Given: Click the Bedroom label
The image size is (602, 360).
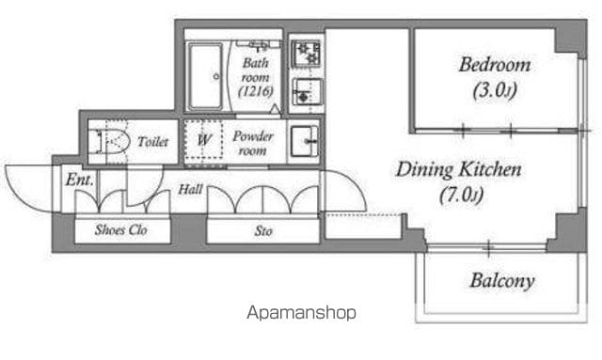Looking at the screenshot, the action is click(x=495, y=65).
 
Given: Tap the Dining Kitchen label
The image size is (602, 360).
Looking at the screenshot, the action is click(x=459, y=169).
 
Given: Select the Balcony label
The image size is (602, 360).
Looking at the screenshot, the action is click(x=502, y=280).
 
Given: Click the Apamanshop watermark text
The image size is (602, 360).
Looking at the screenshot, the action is click(x=301, y=313).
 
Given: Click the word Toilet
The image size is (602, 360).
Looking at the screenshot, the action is click(x=152, y=142).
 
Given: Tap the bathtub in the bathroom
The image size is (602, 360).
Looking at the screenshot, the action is click(x=205, y=76).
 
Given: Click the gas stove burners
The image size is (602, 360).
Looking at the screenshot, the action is click(x=306, y=54).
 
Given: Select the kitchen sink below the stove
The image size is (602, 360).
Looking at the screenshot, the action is click(x=307, y=92).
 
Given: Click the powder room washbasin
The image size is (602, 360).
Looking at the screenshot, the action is click(x=304, y=141).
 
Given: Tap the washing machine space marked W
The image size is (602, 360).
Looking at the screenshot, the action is click(x=203, y=140).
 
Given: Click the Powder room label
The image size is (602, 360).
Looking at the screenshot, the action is click(x=253, y=143).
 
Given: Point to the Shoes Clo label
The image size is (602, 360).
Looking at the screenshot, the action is click(x=121, y=230).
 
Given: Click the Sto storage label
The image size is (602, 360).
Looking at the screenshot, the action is click(x=263, y=231).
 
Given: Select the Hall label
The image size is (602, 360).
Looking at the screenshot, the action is click(x=191, y=189).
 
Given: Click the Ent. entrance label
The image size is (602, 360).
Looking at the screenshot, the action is click(x=79, y=180).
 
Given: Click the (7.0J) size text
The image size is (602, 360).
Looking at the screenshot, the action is click(x=461, y=195).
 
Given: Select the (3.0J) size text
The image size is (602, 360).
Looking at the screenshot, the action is click(x=495, y=90).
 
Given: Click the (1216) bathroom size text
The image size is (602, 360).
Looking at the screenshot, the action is click(x=256, y=91).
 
